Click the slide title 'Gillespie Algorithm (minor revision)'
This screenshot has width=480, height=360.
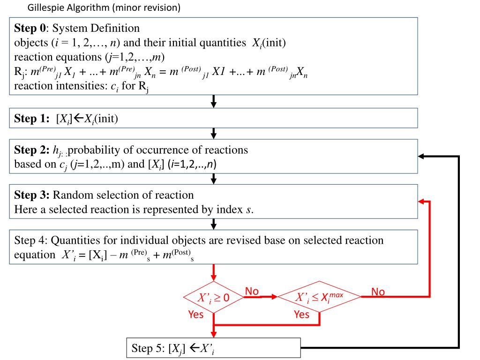point(104,8)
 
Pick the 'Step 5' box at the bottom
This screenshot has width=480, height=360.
point(213,348)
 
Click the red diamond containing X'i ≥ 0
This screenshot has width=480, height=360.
point(213,297)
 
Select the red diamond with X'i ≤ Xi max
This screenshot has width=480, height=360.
point(320,297)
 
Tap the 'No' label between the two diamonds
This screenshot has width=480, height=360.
point(252,292)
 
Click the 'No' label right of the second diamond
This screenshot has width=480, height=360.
point(378,292)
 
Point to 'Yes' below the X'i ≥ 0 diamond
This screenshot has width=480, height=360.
point(195,315)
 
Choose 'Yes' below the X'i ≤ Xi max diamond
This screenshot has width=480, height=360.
point(302,315)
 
